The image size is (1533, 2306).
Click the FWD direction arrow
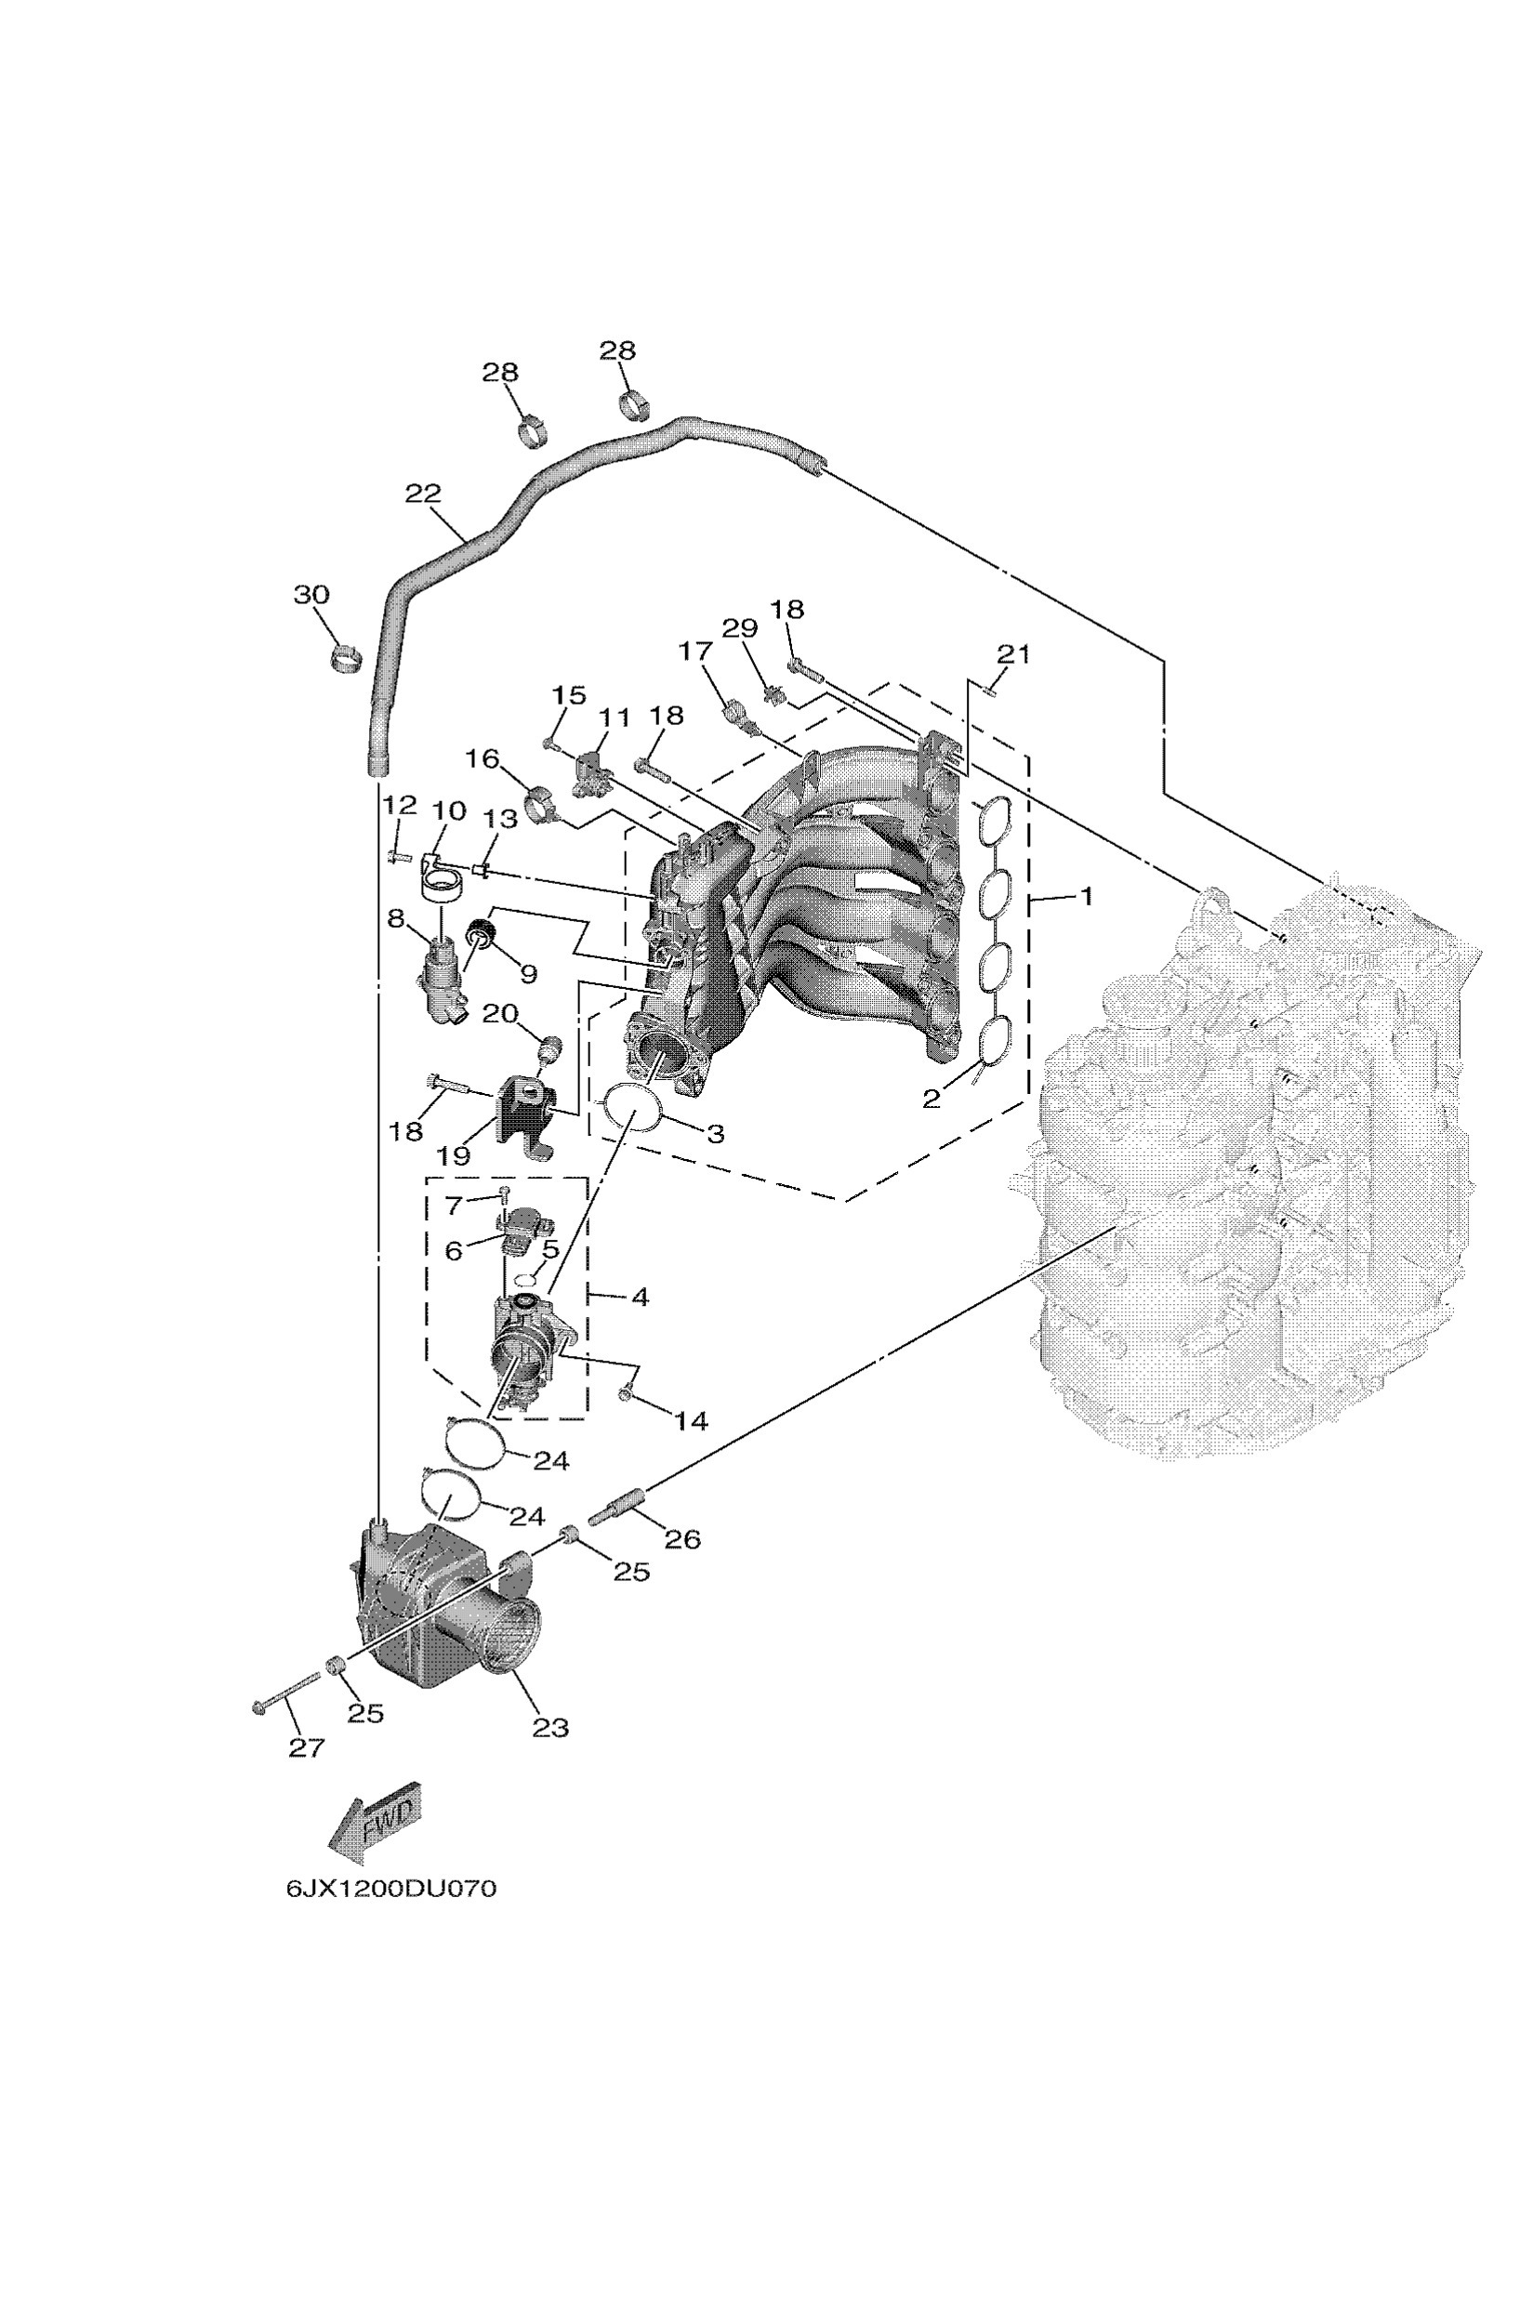(x=375, y=1820)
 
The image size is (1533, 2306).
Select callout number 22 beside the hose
(x=423, y=494)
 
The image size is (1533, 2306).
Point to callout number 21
(x=1013, y=653)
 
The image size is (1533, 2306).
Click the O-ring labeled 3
(x=632, y=1108)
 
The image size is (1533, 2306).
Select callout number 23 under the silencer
(x=550, y=1728)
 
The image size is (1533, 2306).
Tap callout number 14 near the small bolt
(x=692, y=1420)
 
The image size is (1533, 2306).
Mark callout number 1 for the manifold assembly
(x=1085, y=895)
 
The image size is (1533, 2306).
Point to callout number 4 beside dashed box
(x=641, y=1298)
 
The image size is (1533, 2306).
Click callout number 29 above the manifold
(x=740, y=628)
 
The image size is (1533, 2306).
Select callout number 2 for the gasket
(x=932, y=1100)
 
